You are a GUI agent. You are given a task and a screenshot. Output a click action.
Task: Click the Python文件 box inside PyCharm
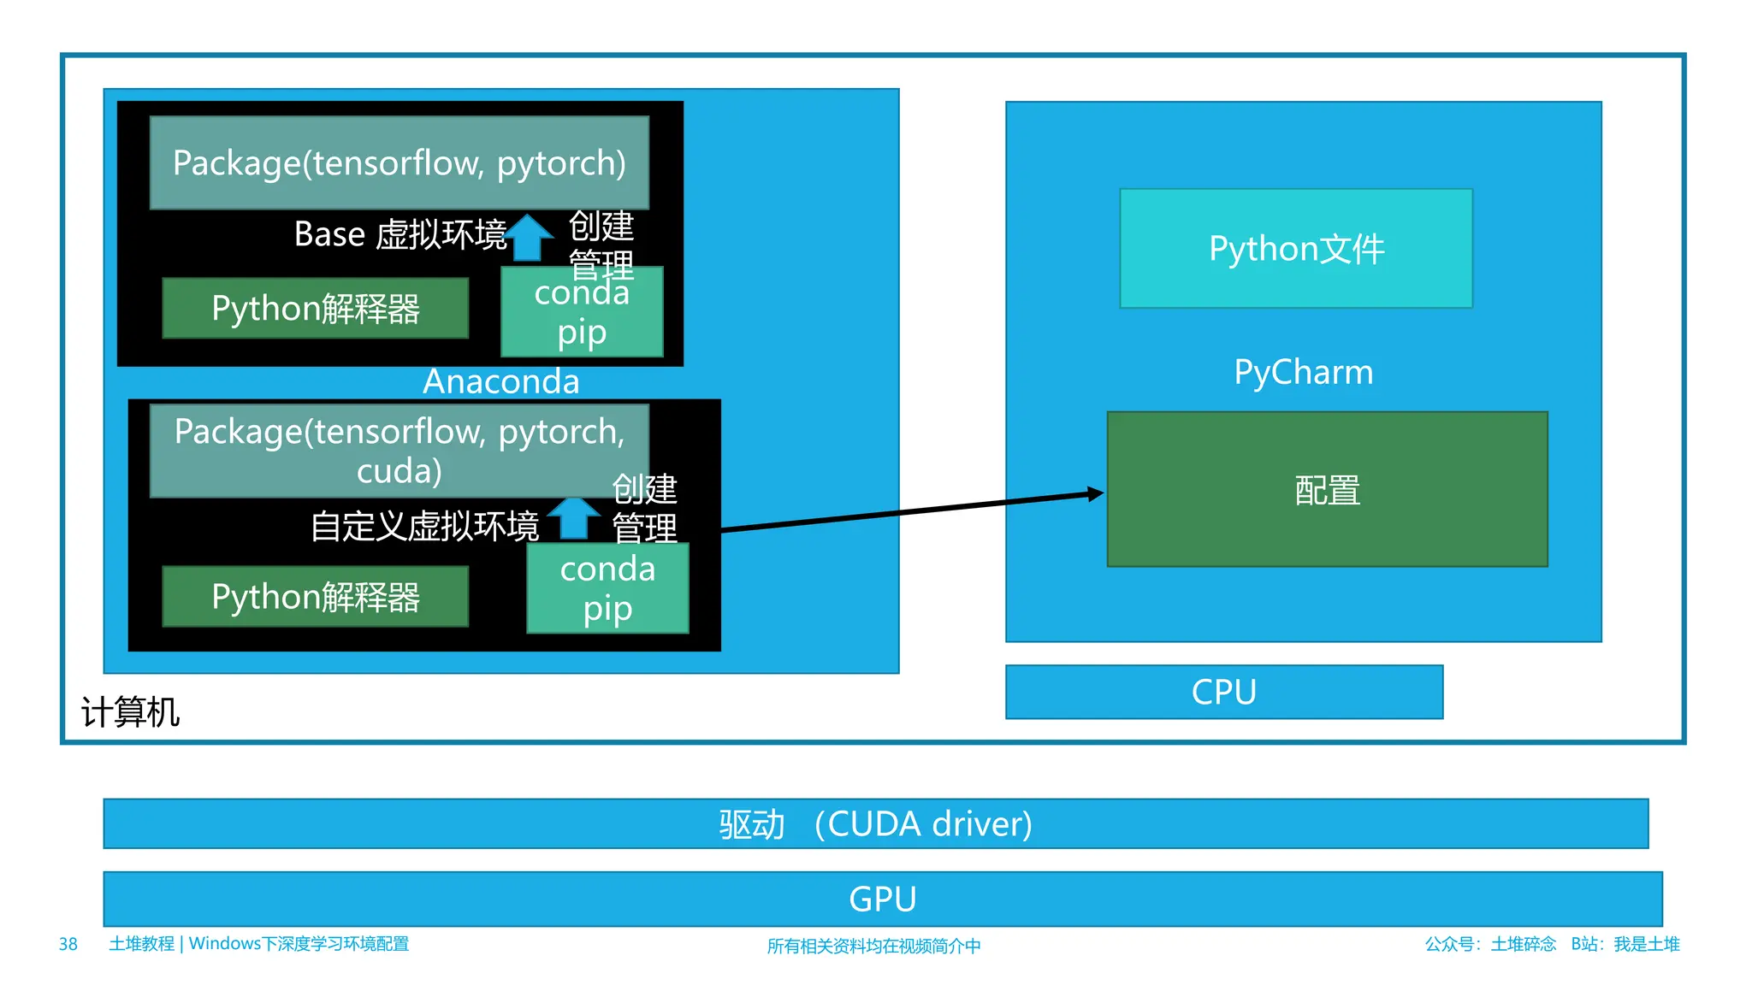coord(1295,248)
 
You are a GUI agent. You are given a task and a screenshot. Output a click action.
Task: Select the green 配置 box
coord(1326,489)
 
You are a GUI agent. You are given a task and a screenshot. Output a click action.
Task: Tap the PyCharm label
coord(1303,372)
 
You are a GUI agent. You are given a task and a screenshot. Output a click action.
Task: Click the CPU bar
coord(1223,692)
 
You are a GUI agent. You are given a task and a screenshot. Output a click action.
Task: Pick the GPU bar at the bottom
coord(882,899)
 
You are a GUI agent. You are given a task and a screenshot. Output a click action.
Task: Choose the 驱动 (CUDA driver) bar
coord(875,823)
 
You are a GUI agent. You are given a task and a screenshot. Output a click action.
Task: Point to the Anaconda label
coord(501,381)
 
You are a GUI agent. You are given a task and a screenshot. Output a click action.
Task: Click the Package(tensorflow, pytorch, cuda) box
coord(399,451)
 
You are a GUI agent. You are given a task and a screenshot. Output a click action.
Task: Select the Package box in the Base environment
coord(399,162)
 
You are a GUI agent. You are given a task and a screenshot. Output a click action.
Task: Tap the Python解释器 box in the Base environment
coord(315,308)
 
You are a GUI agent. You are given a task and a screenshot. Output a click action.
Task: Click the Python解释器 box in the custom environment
coord(315,596)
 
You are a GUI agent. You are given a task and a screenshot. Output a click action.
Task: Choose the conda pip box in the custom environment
coord(607,588)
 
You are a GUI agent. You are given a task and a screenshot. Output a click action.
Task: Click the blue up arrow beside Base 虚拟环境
coord(529,237)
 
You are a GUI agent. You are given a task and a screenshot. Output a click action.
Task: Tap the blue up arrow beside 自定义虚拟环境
coord(573,517)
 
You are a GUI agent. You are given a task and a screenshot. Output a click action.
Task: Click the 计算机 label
coord(130,711)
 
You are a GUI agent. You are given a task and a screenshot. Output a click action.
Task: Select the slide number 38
coord(68,944)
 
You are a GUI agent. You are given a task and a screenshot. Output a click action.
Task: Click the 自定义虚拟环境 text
coord(424,526)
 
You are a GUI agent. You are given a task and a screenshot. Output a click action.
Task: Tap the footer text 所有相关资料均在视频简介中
coord(873,946)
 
